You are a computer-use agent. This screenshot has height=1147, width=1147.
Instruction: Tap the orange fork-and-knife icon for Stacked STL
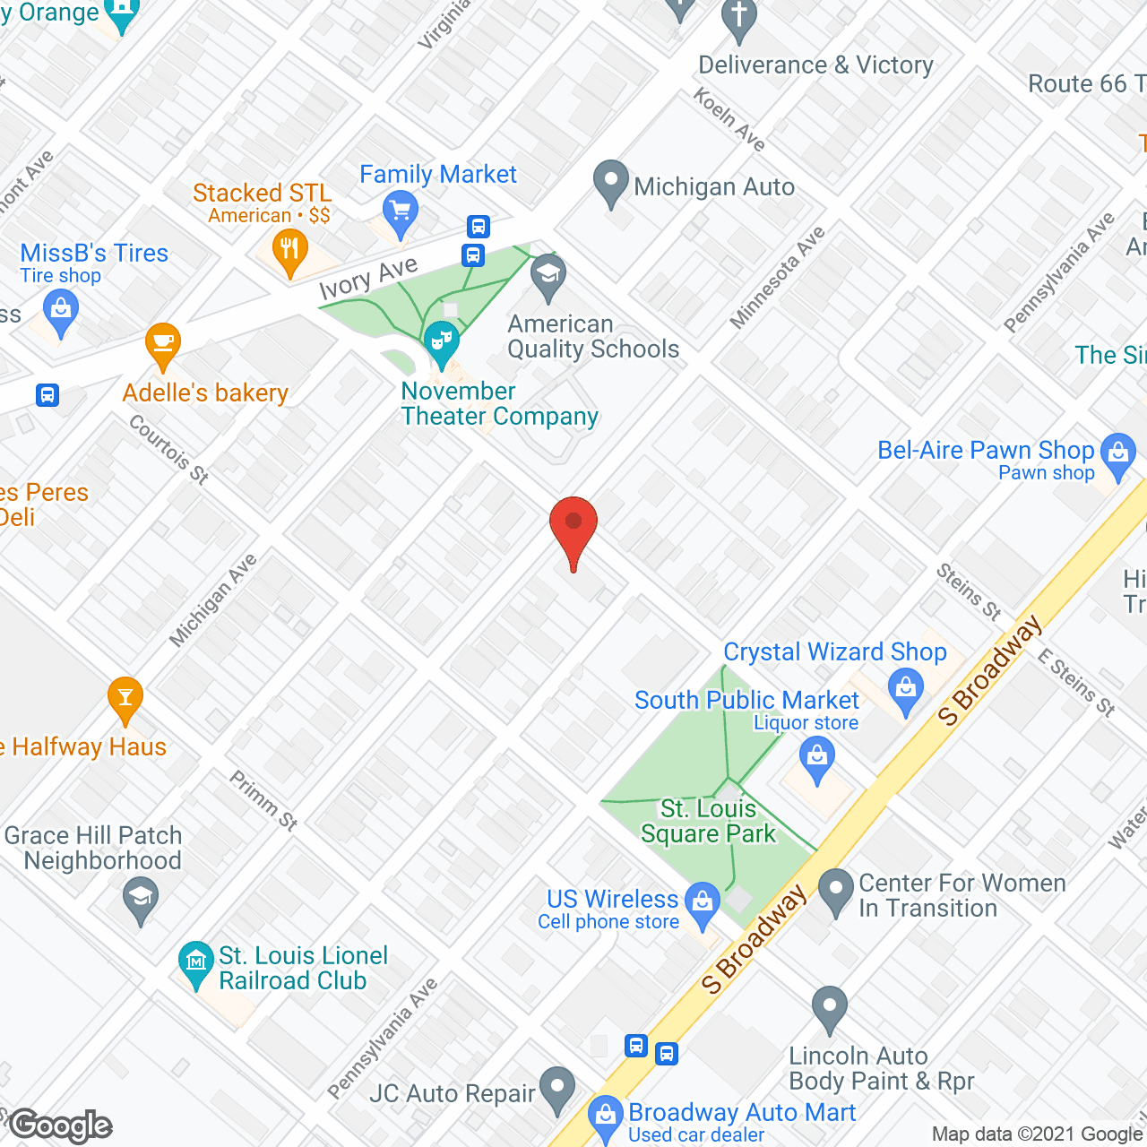tap(289, 249)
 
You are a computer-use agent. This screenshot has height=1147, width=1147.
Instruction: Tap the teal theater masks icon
tap(441, 341)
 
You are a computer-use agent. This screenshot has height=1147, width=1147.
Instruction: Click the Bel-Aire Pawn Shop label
tap(986, 450)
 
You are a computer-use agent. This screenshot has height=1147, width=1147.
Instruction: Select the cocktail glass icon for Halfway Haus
tap(125, 698)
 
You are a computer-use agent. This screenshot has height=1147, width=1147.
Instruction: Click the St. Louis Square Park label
tap(708, 822)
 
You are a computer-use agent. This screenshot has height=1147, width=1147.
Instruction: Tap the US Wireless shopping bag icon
tap(703, 901)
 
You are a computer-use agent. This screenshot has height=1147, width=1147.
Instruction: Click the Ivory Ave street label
tap(368, 277)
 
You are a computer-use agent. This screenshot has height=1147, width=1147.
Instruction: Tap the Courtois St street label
tap(168, 449)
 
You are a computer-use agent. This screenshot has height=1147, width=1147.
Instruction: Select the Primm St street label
tap(263, 799)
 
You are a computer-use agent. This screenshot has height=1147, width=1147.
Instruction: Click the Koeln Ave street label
tap(729, 119)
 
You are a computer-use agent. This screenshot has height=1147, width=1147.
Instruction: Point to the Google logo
tap(61, 1125)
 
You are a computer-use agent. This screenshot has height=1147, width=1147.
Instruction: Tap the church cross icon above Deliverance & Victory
tap(739, 17)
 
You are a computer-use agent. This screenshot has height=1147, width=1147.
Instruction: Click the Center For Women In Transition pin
tap(836, 890)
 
